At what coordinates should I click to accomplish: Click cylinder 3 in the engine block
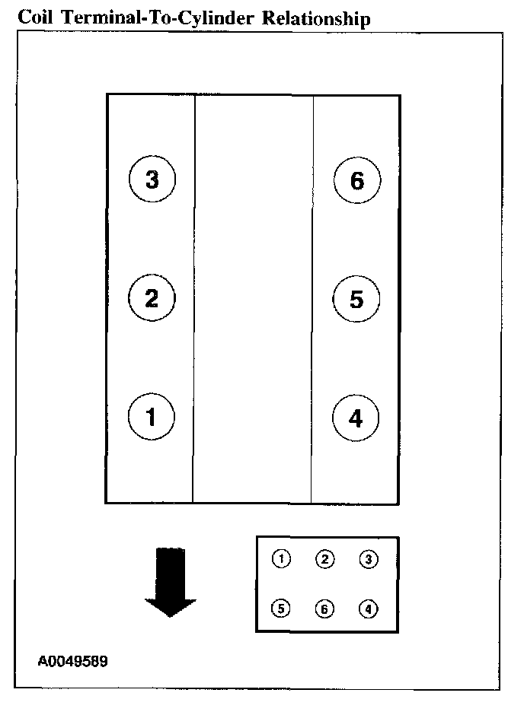coord(152,180)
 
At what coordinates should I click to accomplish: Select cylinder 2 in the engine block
coord(152,298)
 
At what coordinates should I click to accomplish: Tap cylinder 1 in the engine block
coord(152,417)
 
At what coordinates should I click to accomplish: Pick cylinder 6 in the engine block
coord(357,180)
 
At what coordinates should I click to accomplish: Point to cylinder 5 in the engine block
coord(357,300)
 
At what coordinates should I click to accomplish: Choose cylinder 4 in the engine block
coord(357,418)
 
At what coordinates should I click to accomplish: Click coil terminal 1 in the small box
coord(282,560)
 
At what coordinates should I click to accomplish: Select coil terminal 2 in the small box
coord(325,560)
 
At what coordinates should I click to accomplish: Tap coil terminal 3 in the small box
coord(369,560)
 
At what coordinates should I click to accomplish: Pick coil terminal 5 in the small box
coord(282,609)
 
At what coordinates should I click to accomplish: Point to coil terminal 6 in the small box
coord(325,609)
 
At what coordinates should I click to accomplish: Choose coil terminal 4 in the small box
coord(369,609)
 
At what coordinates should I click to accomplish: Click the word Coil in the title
coord(34,18)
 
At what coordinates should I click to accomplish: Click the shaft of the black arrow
coord(171,570)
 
